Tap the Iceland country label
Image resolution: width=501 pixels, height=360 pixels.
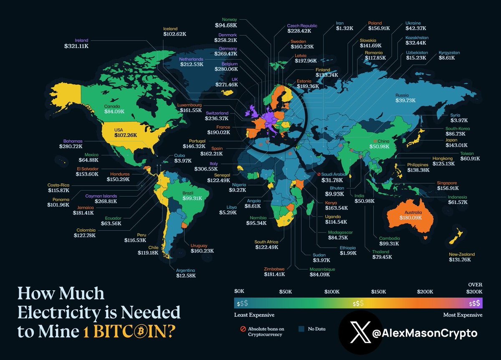point(170,29)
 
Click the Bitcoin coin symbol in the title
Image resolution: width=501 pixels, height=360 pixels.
point(141,332)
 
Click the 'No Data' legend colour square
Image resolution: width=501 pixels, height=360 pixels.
point(302,329)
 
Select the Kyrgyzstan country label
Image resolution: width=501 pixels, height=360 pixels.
point(449,53)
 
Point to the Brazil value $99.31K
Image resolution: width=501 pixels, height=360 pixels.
point(192,199)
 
